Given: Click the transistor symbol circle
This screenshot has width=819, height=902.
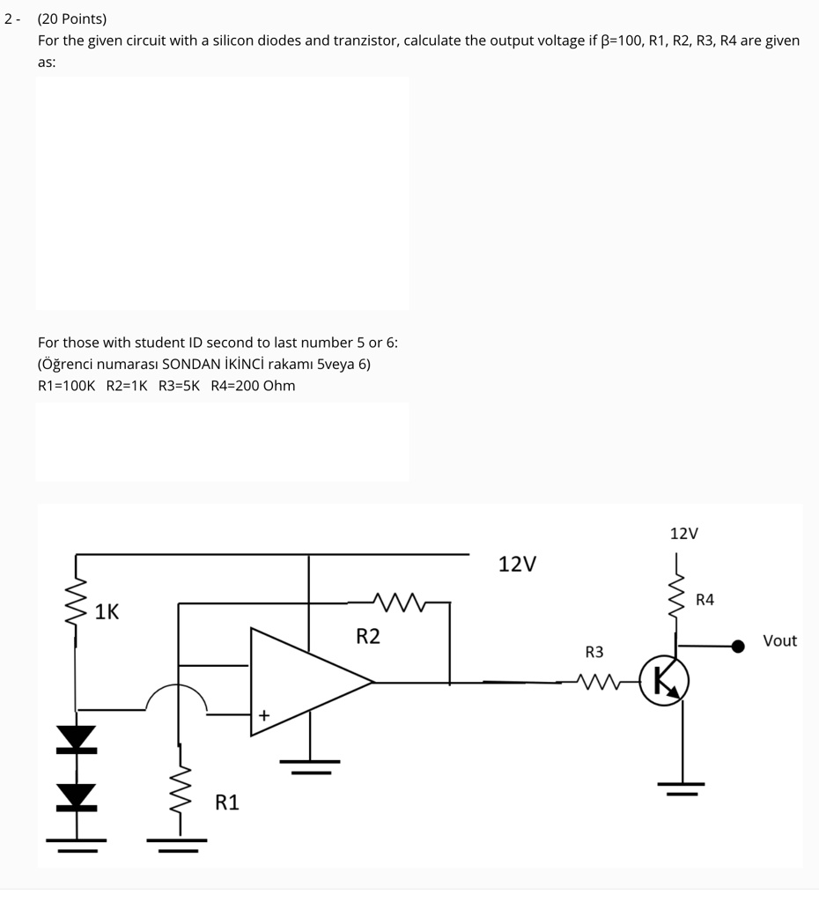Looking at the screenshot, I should click(x=664, y=681).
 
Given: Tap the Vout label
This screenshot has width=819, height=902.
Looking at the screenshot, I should click(x=779, y=641).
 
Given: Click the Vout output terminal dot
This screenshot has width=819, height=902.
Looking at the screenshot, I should click(x=739, y=646).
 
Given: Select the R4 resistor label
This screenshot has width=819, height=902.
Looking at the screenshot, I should click(x=705, y=600).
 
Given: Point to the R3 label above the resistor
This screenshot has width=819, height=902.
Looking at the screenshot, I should click(x=594, y=652).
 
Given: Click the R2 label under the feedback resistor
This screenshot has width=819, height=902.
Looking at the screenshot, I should click(x=368, y=636).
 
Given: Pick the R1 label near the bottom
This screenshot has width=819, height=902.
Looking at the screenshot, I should click(x=227, y=802).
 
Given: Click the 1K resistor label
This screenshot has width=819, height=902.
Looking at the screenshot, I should click(x=107, y=611).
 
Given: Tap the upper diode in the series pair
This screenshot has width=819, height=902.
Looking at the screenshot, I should click(x=76, y=738).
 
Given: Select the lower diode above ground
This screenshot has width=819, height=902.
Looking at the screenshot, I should click(x=76, y=795).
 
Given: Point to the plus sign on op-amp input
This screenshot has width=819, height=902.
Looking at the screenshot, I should click(x=262, y=715).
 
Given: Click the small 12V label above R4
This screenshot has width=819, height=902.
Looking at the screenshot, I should click(x=683, y=534).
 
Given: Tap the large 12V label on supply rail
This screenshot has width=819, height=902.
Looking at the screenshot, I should click(x=517, y=564).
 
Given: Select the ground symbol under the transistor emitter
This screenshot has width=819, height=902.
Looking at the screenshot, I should click(x=682, y=787).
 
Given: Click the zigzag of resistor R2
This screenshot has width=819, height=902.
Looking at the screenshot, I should click(x=398, y=603).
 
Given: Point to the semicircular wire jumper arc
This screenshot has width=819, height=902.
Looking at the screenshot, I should click(x=177, y=696).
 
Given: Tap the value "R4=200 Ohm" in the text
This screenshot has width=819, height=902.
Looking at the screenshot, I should click(x=253, y=386).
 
